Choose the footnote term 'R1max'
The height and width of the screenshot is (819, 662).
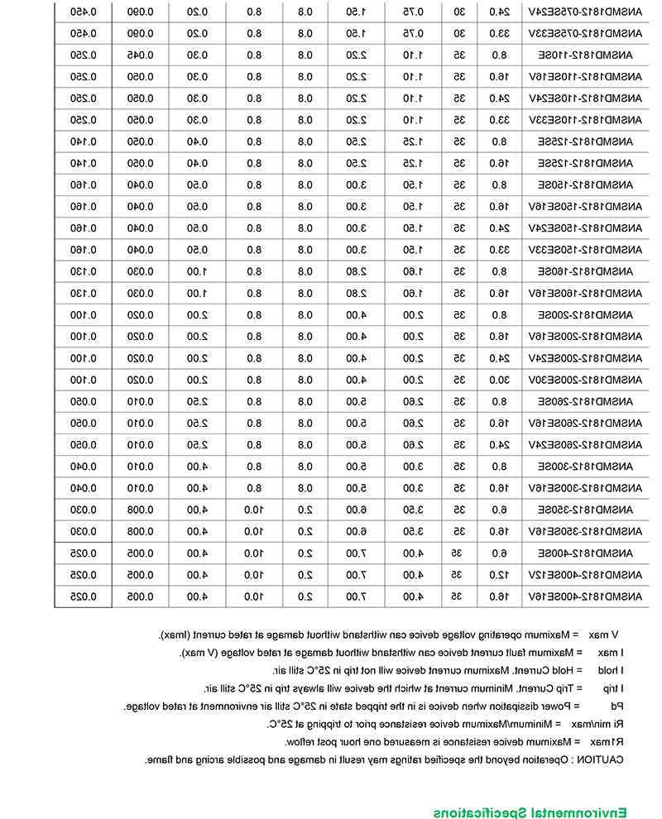tap(608, 742)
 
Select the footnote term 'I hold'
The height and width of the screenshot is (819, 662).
tap(610, 671)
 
